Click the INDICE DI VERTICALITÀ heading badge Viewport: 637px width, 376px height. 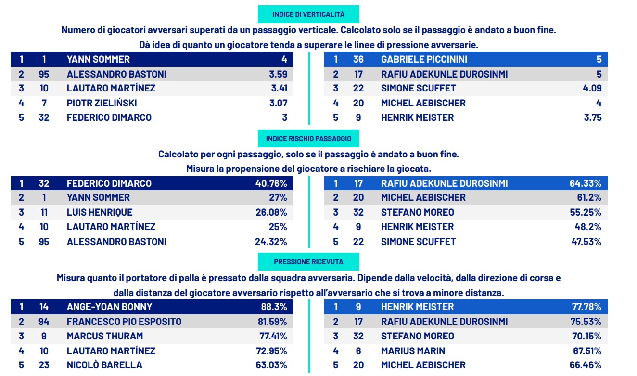point(308,14)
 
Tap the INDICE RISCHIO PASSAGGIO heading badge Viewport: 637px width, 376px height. point(308,139)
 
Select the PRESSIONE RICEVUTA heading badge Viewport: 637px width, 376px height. point(308,262)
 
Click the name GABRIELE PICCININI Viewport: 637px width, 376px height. point(424,60)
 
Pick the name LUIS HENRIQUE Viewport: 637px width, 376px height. point(100,212)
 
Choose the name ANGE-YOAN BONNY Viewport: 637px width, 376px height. point(109,307)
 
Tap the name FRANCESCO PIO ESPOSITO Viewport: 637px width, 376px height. point(124,322)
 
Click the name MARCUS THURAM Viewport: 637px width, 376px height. point(105,336)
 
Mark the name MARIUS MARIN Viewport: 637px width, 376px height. point(413,351)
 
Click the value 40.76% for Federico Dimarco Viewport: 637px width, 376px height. point(271,183)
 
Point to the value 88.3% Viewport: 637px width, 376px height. point(274,307)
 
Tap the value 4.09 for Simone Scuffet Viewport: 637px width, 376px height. point(592,89)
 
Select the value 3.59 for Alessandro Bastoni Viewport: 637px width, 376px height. point(278,74)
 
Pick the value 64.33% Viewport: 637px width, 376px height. point(586,183)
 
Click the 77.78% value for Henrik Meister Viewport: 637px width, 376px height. point(586,307)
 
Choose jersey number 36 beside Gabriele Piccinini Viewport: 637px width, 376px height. point(358,60)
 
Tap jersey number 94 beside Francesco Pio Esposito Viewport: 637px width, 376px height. point(44,322)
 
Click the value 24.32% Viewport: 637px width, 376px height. point(271,242)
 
